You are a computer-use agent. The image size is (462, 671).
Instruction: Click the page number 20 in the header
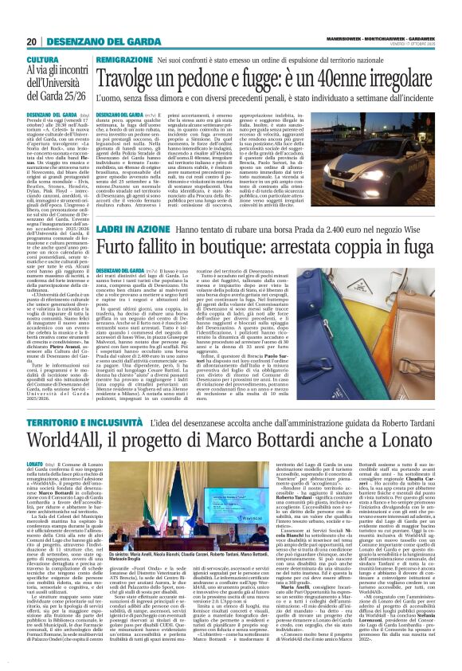pos(31,41)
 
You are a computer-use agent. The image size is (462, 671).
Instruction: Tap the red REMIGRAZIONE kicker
pos(124,61)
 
